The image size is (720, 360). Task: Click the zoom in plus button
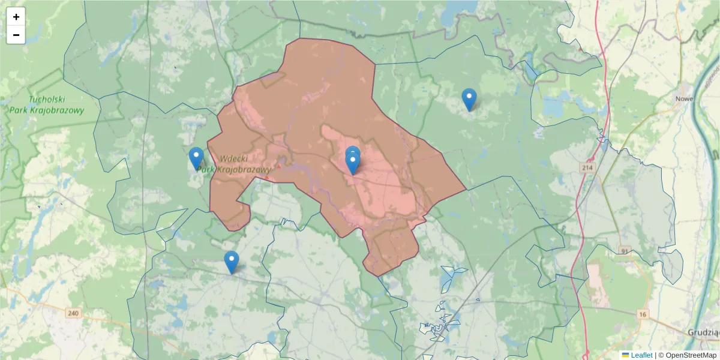16,17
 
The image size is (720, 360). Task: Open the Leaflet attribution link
641,355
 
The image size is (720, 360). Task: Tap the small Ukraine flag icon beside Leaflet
626,355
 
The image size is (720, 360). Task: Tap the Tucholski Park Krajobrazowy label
47,105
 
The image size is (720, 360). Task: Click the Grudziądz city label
703,332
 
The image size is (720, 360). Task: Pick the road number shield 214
587,169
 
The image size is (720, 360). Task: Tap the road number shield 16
643,315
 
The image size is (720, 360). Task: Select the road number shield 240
73,313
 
